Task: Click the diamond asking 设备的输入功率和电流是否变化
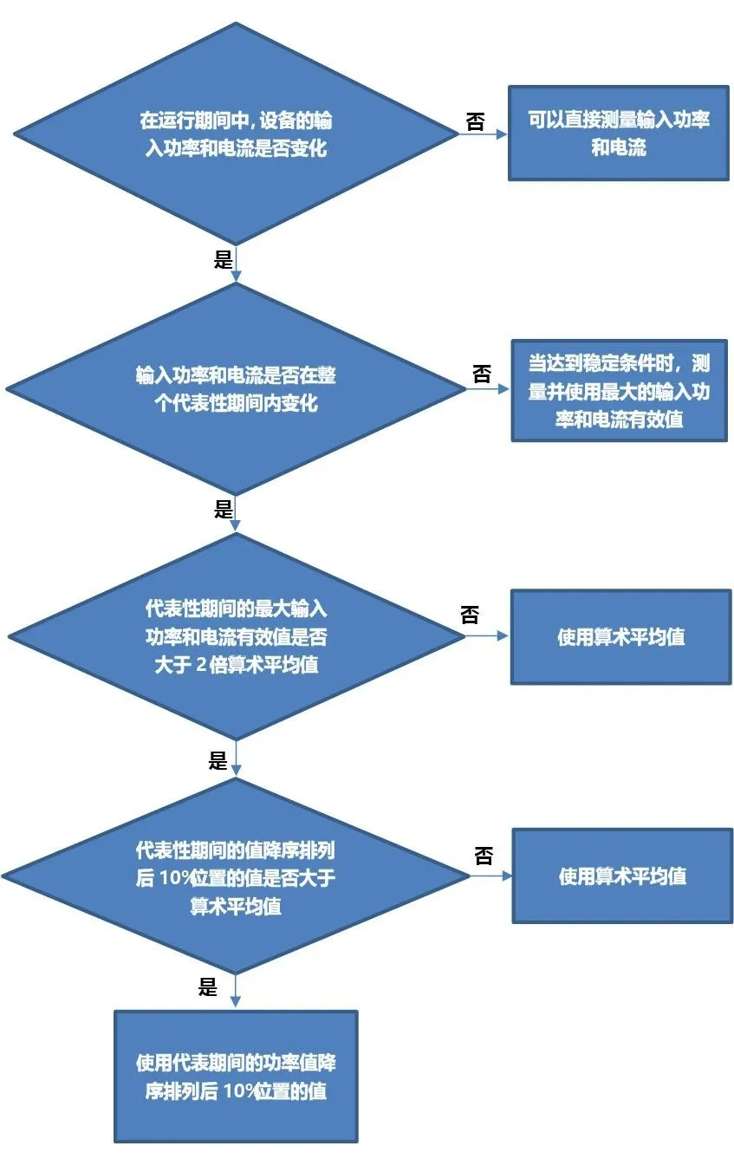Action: [236, 133]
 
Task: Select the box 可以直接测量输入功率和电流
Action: [618, 133]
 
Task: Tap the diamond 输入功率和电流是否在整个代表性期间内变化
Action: [236, 389]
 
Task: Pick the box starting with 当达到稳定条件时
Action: [619, 391]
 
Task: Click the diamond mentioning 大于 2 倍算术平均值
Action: [236, 636]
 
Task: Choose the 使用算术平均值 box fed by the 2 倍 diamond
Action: [620, 637]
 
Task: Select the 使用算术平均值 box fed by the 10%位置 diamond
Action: [621, 876]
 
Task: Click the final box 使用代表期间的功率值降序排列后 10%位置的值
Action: [236, 1076]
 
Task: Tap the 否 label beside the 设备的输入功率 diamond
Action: [475, 121]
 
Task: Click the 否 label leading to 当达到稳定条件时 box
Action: [481, 374]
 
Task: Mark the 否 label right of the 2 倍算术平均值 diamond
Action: [470, 615]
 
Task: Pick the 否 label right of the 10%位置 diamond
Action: [484, 856]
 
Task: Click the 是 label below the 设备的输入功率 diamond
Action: [224, 260]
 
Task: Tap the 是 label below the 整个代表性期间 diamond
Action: [224, 509]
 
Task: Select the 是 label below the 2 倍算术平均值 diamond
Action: [218, 761]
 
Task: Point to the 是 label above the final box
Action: [208, 986]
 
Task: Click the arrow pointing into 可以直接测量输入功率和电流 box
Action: [484, 134]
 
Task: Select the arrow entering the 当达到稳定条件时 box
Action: [490, 390]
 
